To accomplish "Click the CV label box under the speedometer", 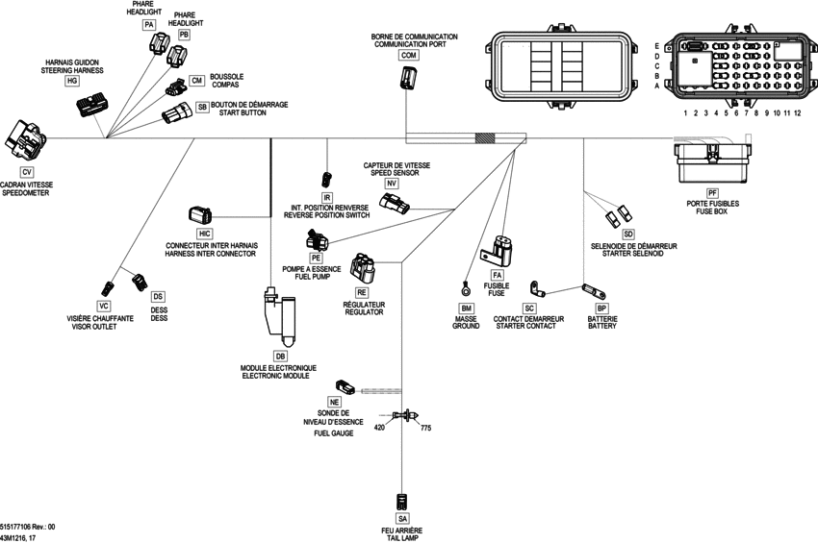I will pyautogui.click(x=26, y=171).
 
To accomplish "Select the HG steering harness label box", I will pyautogui.click(x=71, y=82).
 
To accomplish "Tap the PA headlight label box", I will pyautogui.click(x=148, y=23).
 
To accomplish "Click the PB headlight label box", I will pyautogui.click(x=184, y=35).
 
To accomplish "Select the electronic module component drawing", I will pyautogui.click(x=277, y=318).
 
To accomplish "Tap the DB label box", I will pyautogui.click(x=281, y=356).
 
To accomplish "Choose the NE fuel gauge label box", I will pyautogui.click(x=334, y=402).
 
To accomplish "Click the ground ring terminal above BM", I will pyautogui.click(x=465, y=286).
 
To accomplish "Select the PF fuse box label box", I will pyautogui.click(x=713, y=193).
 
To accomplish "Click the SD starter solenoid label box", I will pyautogui.click(x=628, y=234).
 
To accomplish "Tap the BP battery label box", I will pyautogui.click(x=602, y=308).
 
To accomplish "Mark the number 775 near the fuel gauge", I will pyautogui.click(x=426, y=429).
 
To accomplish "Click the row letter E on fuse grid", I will pyautogui.click(x=656, y=46).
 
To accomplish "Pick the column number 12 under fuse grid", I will pyautogui.click(x=797, y=113).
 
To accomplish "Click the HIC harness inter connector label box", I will pyautogui.click(x=204, y=234).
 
